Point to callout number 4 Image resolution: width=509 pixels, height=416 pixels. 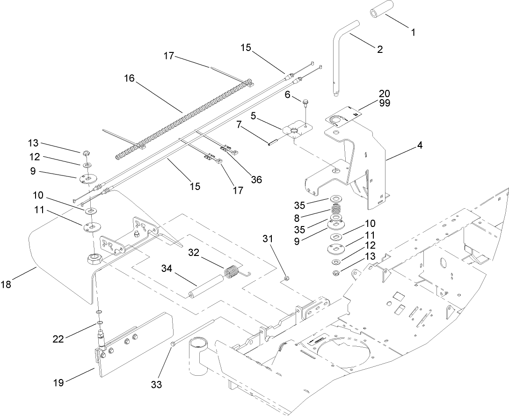pos(420,146)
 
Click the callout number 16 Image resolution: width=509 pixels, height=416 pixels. pos(130,79)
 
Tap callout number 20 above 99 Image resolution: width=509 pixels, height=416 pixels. pos(385,93)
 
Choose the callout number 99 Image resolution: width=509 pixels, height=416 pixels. pos(385,102)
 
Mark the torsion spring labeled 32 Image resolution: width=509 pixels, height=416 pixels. pos(230,272)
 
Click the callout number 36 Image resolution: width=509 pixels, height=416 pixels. pos(255,179)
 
